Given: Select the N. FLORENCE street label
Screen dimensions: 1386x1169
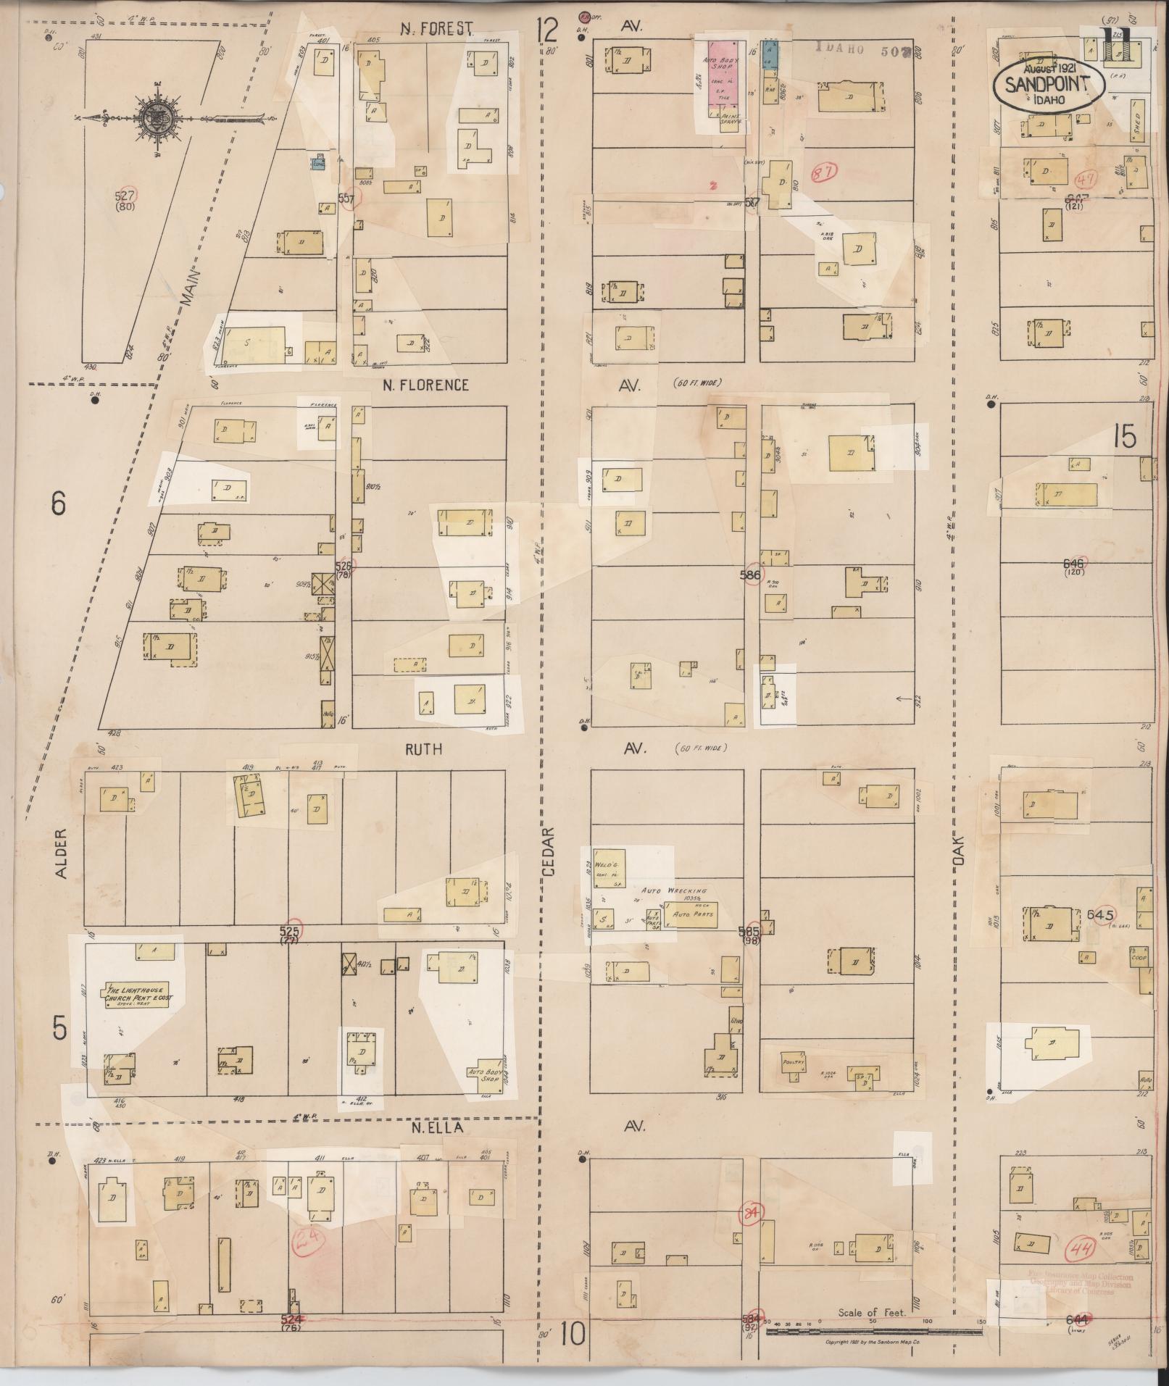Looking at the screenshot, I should (425, 385).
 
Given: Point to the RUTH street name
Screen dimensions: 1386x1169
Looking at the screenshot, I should (423, 749).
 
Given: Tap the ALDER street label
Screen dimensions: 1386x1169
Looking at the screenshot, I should (60, 855).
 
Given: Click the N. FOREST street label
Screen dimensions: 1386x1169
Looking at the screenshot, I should (438, 29).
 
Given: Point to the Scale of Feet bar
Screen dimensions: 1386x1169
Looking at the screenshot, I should (862, 1331).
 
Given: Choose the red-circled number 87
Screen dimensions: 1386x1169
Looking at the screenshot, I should (824, 172).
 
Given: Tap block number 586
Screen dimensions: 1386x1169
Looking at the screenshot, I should (750, 575).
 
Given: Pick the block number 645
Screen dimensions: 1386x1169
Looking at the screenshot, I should (1099, 915).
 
